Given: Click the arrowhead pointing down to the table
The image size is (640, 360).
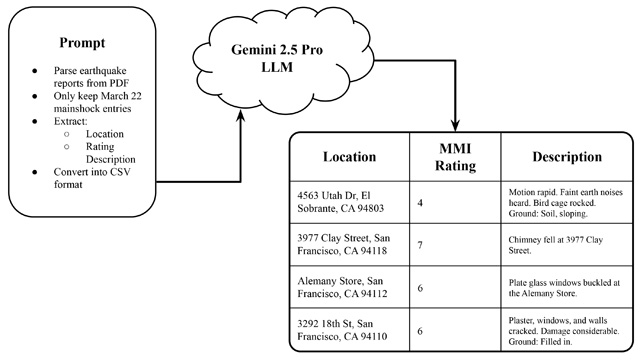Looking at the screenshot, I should [x=455, y=121].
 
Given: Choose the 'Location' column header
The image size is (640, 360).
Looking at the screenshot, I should [x=349, y=157].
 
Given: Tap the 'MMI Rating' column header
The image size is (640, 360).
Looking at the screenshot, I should [x=454, y=157].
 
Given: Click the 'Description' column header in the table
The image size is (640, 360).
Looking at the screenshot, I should [x=566, y=157].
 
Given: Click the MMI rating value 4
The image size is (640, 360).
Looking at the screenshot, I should [x=420, y=203].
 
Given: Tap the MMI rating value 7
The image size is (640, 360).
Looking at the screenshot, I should [x=420, y=245].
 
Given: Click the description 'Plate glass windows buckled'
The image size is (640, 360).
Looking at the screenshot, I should [x=563, y=289].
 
